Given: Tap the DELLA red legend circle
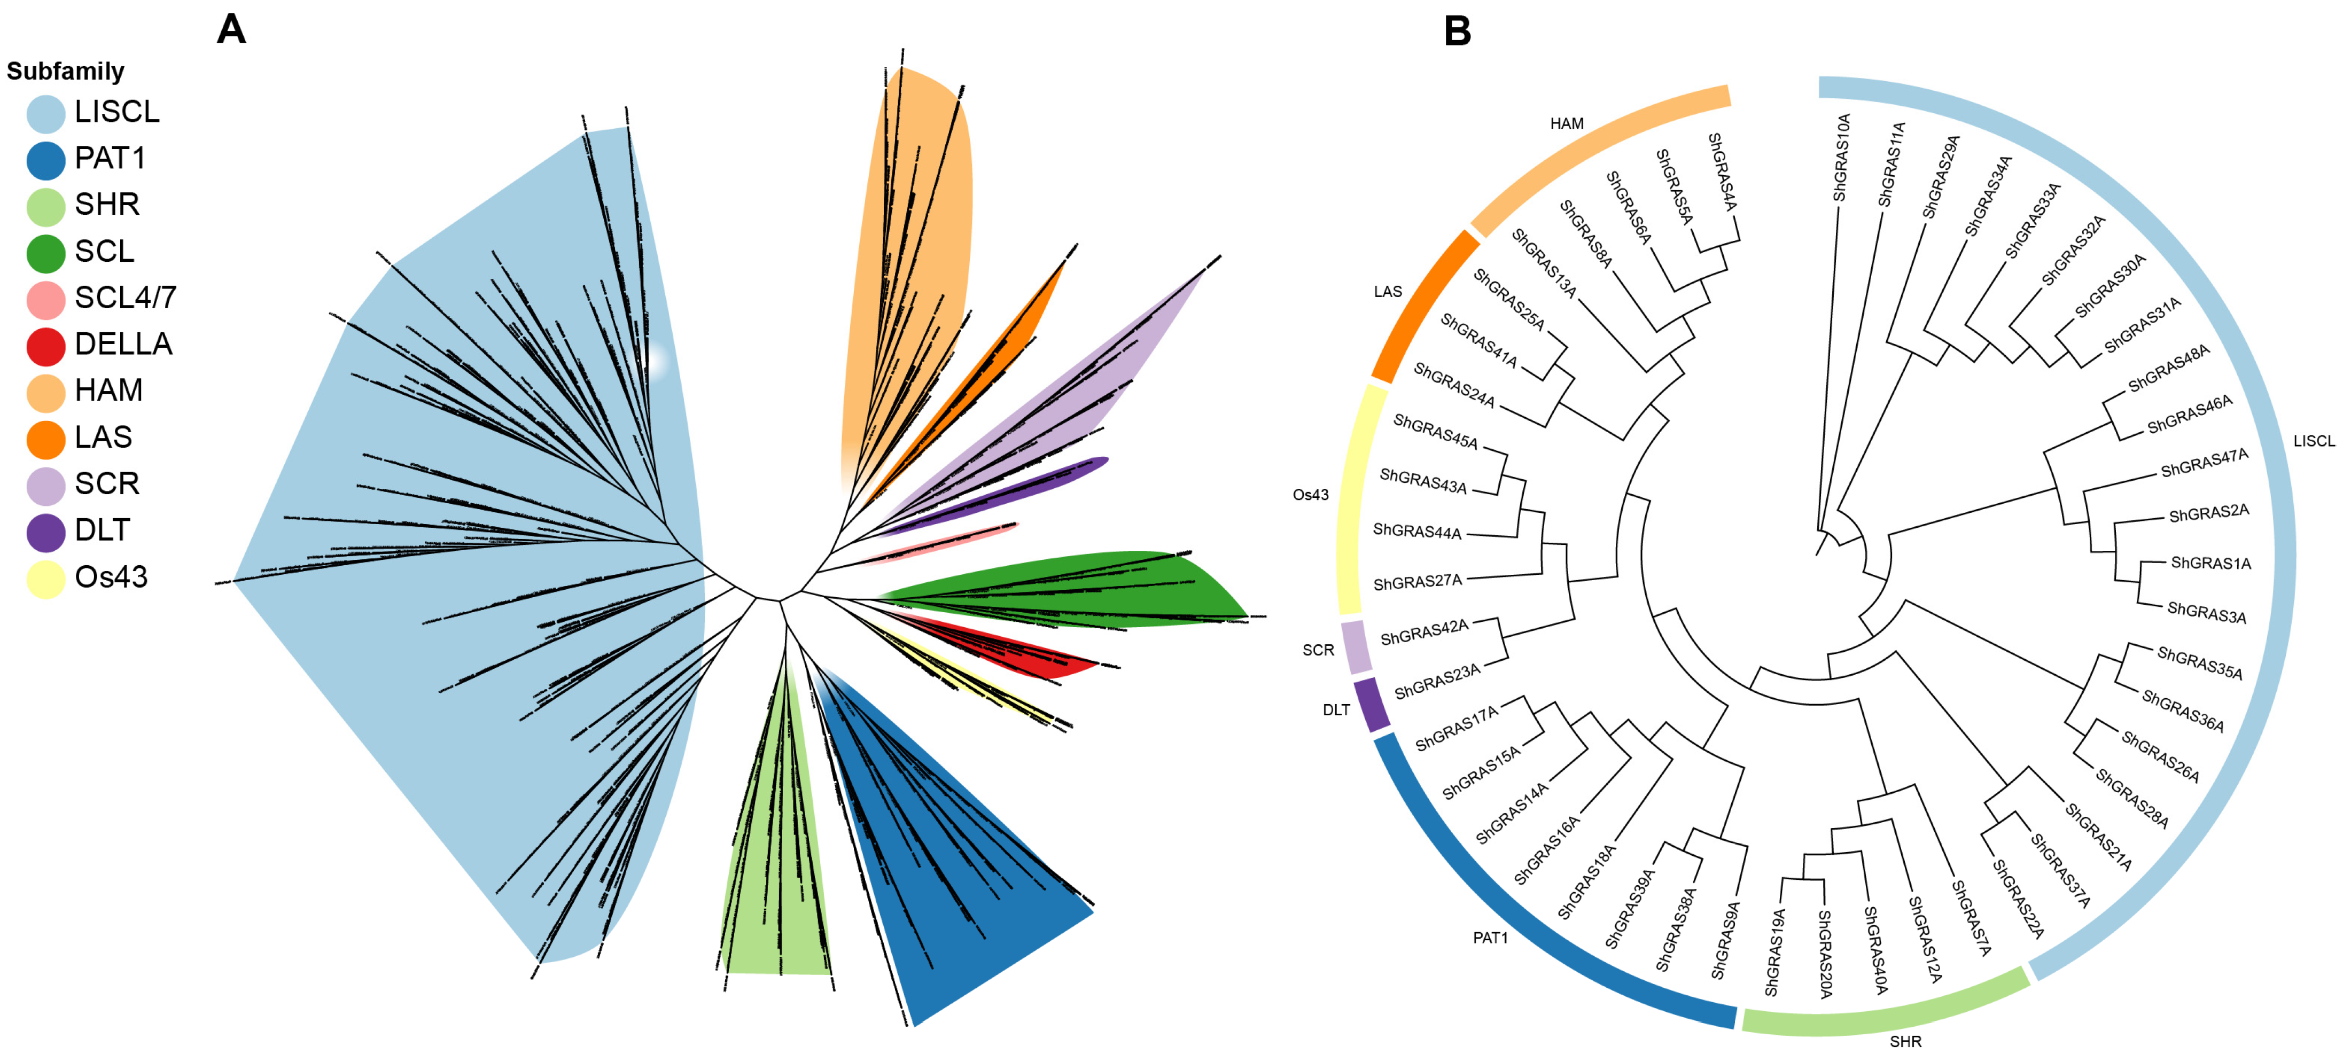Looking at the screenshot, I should click(x=45, y=346).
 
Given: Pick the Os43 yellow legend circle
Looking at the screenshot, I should click(x=45, y=579).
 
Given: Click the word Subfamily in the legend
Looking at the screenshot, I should click(x=66, y=71).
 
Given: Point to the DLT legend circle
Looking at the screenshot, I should click(x=45, y=532).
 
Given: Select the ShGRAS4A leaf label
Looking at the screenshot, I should click(x=1722, y=172).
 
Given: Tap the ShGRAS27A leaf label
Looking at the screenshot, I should click(x=1417, y=582).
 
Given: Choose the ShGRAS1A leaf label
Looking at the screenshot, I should click(x=2210, y=563).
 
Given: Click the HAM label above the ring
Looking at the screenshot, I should click(x=1566, y=124).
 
